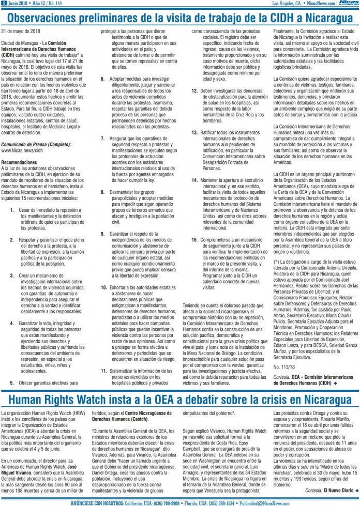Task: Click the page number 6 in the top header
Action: (4, 3)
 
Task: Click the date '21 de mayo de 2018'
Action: (20, 32)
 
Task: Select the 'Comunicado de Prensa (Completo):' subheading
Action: (36, 145)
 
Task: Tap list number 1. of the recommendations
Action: (12, 211)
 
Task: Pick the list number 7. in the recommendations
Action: (102, 139)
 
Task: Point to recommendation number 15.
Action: (194, 240)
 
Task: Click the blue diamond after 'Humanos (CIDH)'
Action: (336, 384)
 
